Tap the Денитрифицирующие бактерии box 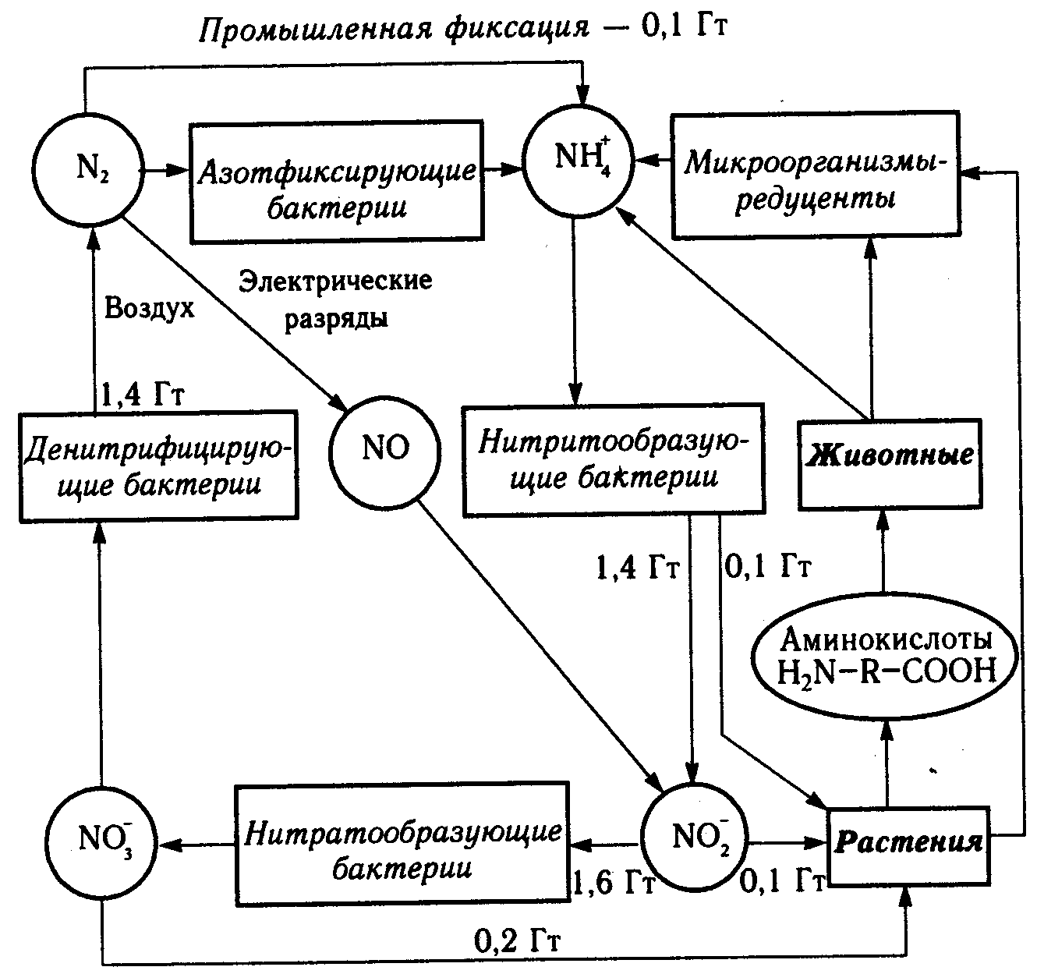159,463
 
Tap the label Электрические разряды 335,299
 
